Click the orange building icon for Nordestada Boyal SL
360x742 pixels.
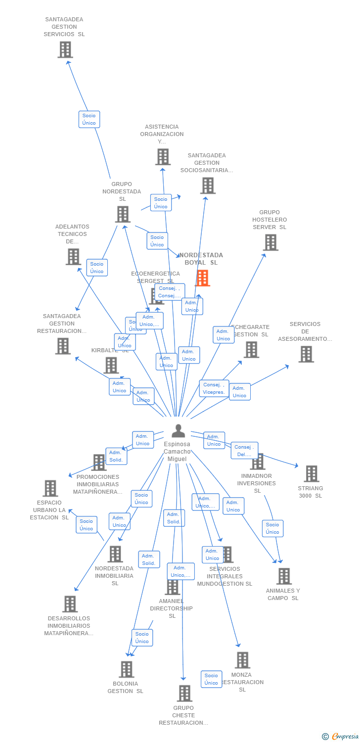tap(202, 278)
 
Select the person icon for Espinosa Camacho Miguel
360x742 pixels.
tap(178, 431)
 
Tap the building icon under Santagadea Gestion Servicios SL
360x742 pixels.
tap(65, 49)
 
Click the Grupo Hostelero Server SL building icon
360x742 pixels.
tap(270, 242)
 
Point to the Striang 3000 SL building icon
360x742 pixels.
tap(311, 473)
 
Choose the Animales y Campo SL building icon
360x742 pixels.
tap(284, 576)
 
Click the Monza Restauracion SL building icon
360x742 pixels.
tap(242, 660)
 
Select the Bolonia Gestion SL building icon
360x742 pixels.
tap(127, 669)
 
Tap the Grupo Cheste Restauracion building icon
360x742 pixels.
tap(184, 693)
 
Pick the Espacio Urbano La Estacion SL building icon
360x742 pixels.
tap(50, 488)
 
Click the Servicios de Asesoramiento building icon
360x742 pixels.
tap(306, 354)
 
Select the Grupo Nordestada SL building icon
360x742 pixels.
tap(123, 214)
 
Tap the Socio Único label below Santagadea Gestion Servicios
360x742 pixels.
tap(89, 119)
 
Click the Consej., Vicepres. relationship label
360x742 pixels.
tap(214, 388)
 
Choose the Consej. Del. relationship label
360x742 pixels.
tap(244, 450)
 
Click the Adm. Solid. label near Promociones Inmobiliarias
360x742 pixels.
tap(116, 456)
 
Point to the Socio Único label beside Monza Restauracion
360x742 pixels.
tap(211, 679)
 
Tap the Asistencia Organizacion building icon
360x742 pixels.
tap(163, 157)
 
